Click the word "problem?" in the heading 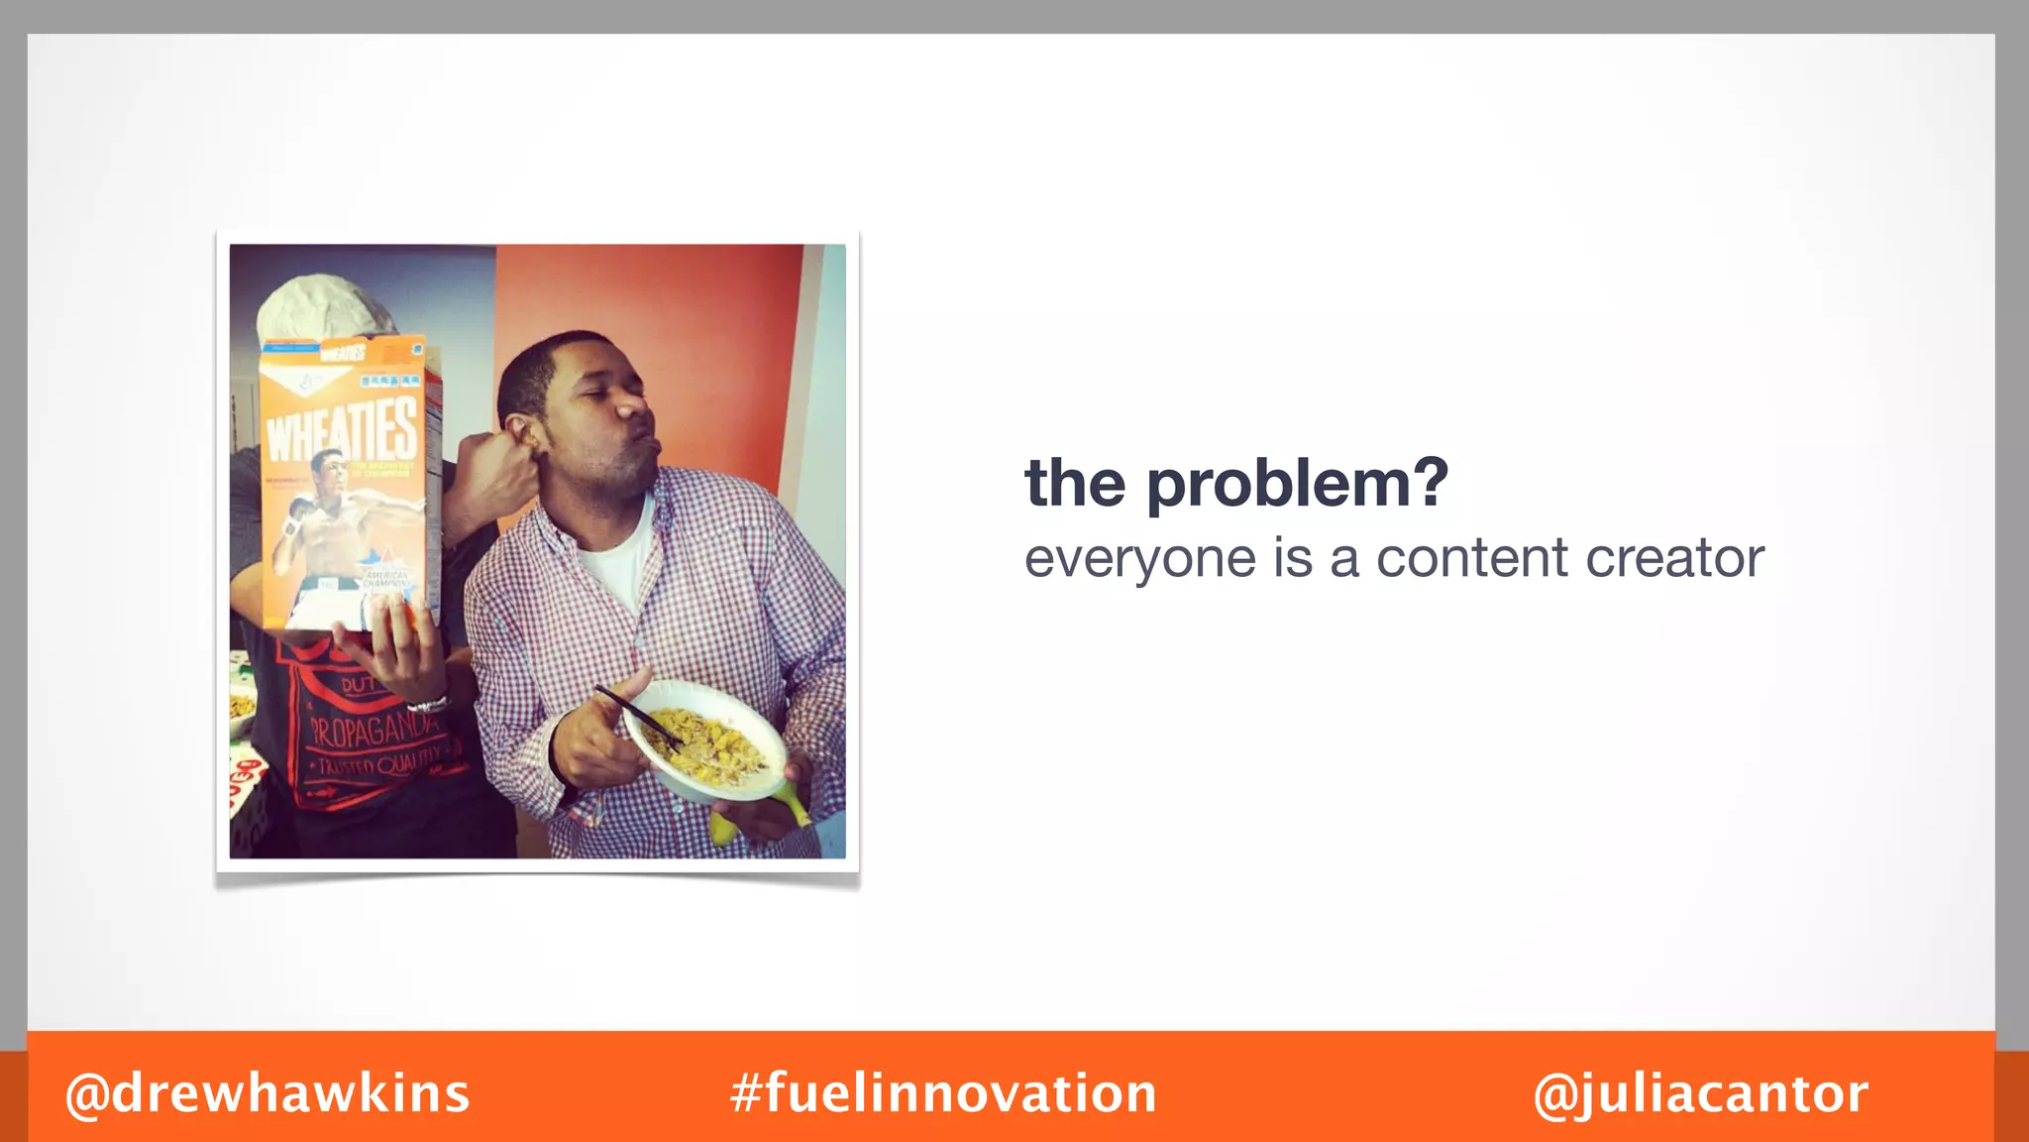point(1297,484)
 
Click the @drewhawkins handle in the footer point(267,1093)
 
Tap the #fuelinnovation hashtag point(943,1093)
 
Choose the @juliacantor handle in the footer point(1700,1094)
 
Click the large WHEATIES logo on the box point(342,430)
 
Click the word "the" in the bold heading point(1075,484)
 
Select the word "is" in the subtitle point(1293,558)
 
